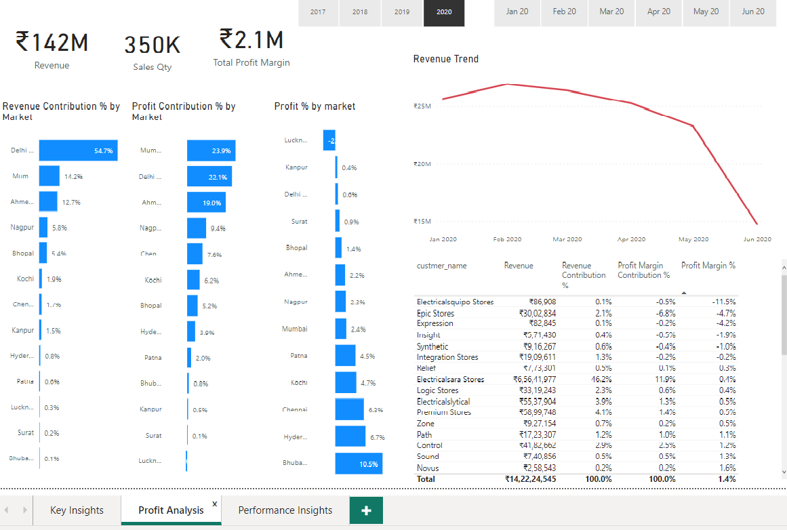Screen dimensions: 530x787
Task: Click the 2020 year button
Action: pyautogui.click(x=444, y=12)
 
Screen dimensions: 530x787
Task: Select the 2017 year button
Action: pyautogui.click(x=318, y=12)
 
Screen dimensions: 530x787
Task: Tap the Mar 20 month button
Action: pyautogui.click(x=611, y=12)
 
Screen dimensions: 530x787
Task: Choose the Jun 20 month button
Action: pyautogui.click(x=753, y=12)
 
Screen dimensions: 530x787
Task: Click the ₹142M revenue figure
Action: pyautogui.click(x=52, y=43)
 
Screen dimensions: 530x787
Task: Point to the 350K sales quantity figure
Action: pyautogui.click(x=153, y=45)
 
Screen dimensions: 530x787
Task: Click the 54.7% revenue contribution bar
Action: pyautogui.click(x=78, y=150)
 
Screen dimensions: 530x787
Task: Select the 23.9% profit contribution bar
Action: pyautogui.click(x=211, y=150)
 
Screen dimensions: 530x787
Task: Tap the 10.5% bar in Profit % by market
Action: pyautogui.click(x=359, y=464)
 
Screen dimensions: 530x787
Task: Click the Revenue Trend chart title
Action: pyautogui.click(x=446, y=59)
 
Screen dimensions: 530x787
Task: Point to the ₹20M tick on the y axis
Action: pyautogui.click(x=422, y=164)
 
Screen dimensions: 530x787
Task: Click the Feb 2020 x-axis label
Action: pyautogui.click(x=507, y=239)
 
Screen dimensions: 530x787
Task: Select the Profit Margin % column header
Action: pyautogui.click(x=708, y=266)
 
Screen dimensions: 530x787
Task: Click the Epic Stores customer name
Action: pyautogui.click(x=435, y=313)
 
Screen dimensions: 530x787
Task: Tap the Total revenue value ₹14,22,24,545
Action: pyautogui.click(x=530, y=478)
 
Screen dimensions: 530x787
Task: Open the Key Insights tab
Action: pyautogui.click(x=77, y=510)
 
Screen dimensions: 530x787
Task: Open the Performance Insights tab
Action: pyautogui.click(x=285, y=510)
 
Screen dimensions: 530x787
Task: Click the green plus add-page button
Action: pyautogui.click(x=366, y=510)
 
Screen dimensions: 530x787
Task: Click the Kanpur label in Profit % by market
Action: pyautogui.click(x=296, y=167)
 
